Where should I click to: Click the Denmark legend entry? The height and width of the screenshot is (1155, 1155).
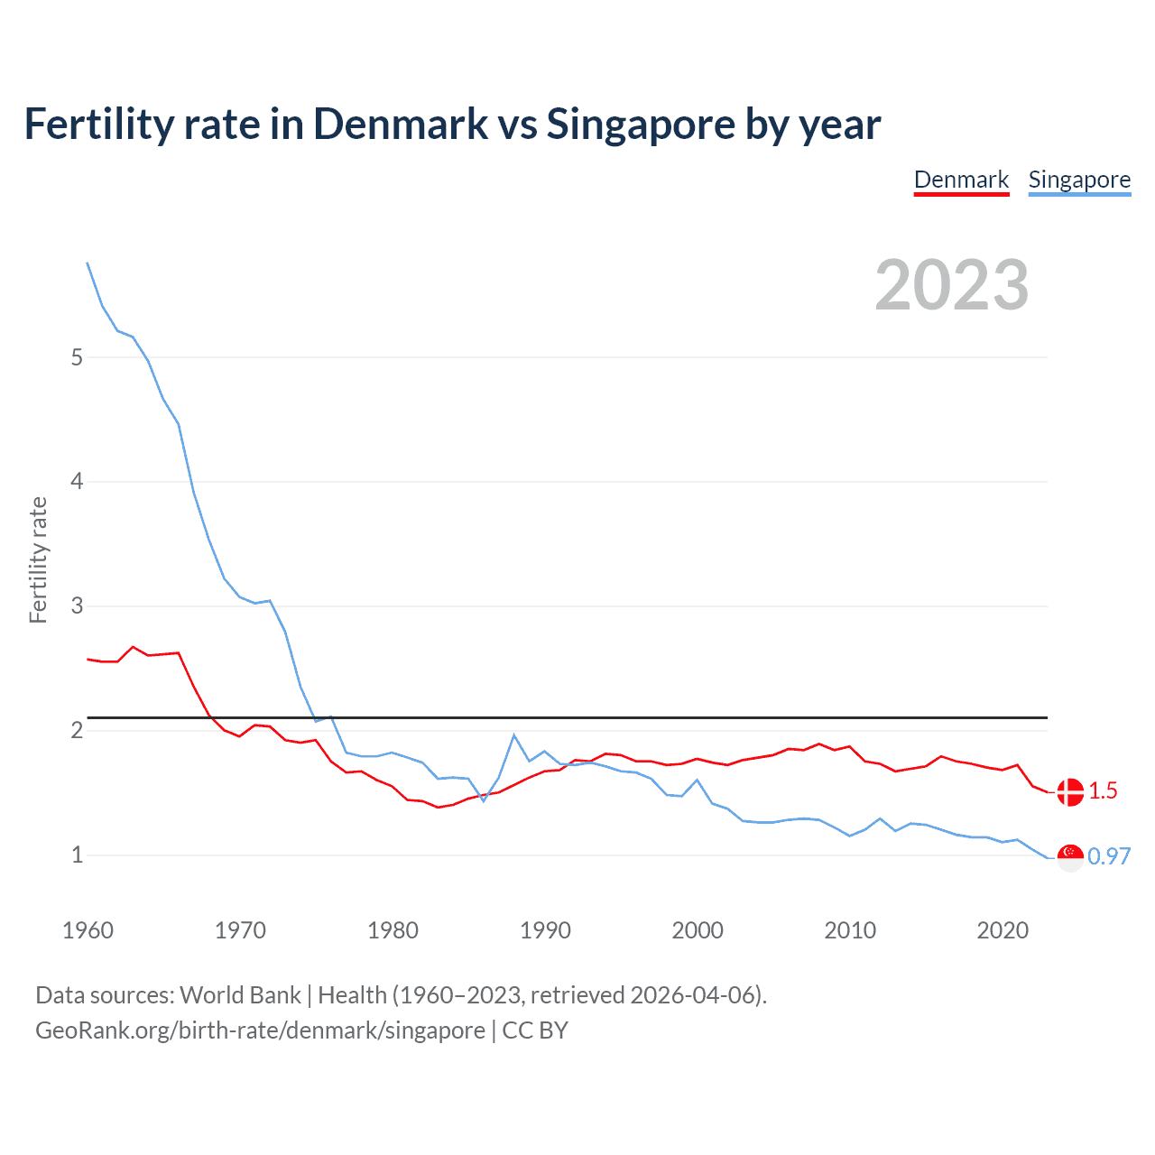[961, 180]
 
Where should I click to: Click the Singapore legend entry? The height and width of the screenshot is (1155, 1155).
[1079, 180]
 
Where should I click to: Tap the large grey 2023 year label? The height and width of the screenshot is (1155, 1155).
[952, 285]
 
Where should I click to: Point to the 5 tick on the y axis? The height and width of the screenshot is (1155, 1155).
[77, 357]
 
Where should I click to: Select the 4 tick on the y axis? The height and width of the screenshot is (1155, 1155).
[77, 482]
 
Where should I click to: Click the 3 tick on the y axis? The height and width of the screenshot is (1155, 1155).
[77, 606]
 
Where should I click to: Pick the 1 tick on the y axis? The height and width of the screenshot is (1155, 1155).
[77, 855]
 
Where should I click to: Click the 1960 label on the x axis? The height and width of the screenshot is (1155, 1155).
[88, 930]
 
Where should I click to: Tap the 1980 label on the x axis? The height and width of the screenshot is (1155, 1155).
[393, 930]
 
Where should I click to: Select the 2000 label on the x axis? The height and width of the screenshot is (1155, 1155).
[698, 930]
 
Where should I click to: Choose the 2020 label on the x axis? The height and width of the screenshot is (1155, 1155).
[1003, 930]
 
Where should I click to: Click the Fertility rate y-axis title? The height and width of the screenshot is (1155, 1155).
[38, 559]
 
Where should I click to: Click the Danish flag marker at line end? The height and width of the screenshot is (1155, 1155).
[1070, 792]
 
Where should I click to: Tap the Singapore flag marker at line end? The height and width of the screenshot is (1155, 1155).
[1070, 857]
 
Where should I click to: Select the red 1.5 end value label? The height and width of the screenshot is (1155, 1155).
[1103, 791]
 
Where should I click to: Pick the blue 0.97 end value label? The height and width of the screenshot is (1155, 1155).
[1109, 856]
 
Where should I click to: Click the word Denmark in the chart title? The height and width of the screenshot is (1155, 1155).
[401, 125]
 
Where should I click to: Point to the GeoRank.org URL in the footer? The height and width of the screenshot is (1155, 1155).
[260, 1030]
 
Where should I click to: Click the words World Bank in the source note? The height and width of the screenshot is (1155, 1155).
[240, 995]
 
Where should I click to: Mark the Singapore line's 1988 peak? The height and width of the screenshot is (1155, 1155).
[513, 735]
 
